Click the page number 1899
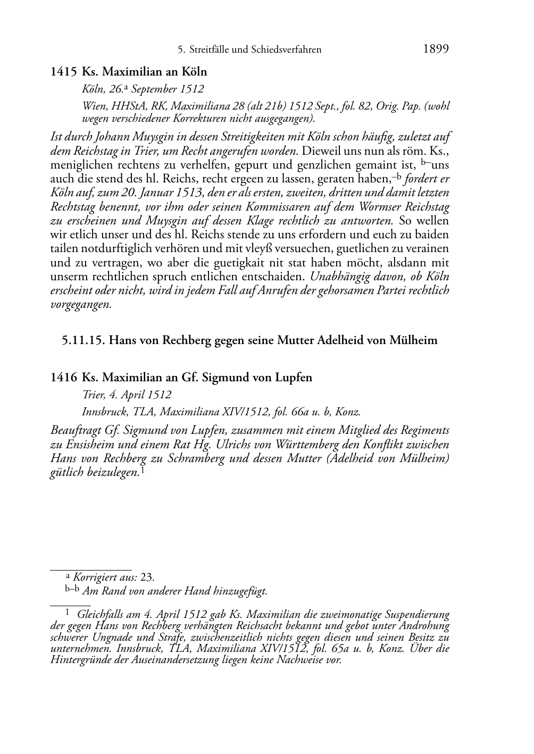(436, 49)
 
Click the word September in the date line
(154, 89)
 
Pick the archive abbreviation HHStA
(124, 106)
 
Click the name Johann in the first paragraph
(103, 136)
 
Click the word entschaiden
(277, 277)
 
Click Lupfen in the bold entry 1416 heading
(294, 378)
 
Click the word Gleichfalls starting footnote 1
(102, 615)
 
